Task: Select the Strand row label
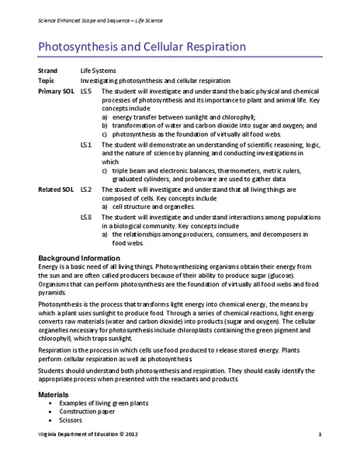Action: pyautogui.click(x=48, y=70)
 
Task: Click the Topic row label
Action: pyautogui.click(x=47, y=81)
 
